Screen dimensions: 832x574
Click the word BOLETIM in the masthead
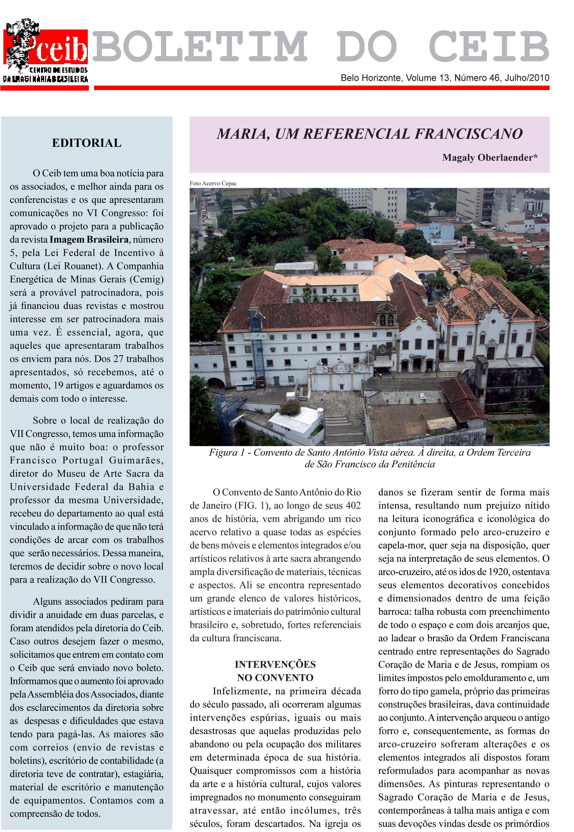pos(200,47)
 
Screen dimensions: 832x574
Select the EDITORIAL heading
pos(87,143)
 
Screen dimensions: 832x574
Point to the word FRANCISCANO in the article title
pos(469,134)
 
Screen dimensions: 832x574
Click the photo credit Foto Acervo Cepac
pos(213,184)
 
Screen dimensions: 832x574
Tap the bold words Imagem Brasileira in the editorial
pos(89,240)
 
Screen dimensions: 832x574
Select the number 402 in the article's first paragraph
pos(353,506)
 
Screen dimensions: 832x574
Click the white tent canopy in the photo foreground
pos(294,422)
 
